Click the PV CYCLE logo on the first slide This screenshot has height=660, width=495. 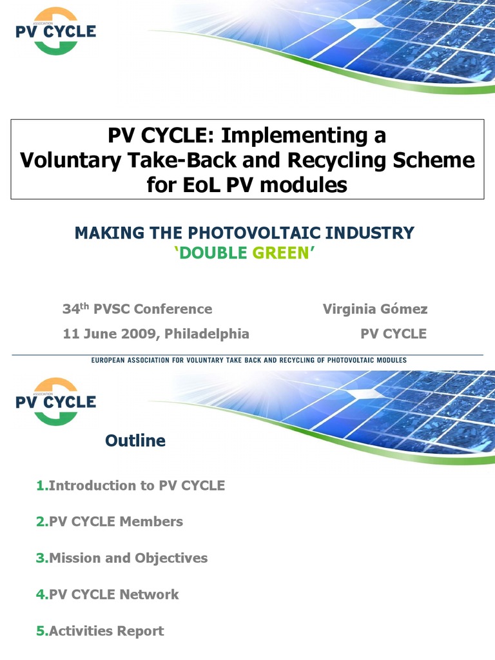(x=55, y=31)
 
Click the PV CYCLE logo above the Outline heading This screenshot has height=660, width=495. (x=55, y=402)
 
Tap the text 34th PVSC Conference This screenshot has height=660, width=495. (x=137, y=309)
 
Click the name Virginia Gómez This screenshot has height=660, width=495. (x=374, y=309)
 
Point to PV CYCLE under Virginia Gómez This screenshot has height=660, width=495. (x=393, y=334)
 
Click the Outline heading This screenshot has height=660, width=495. (x=135, y=441)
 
